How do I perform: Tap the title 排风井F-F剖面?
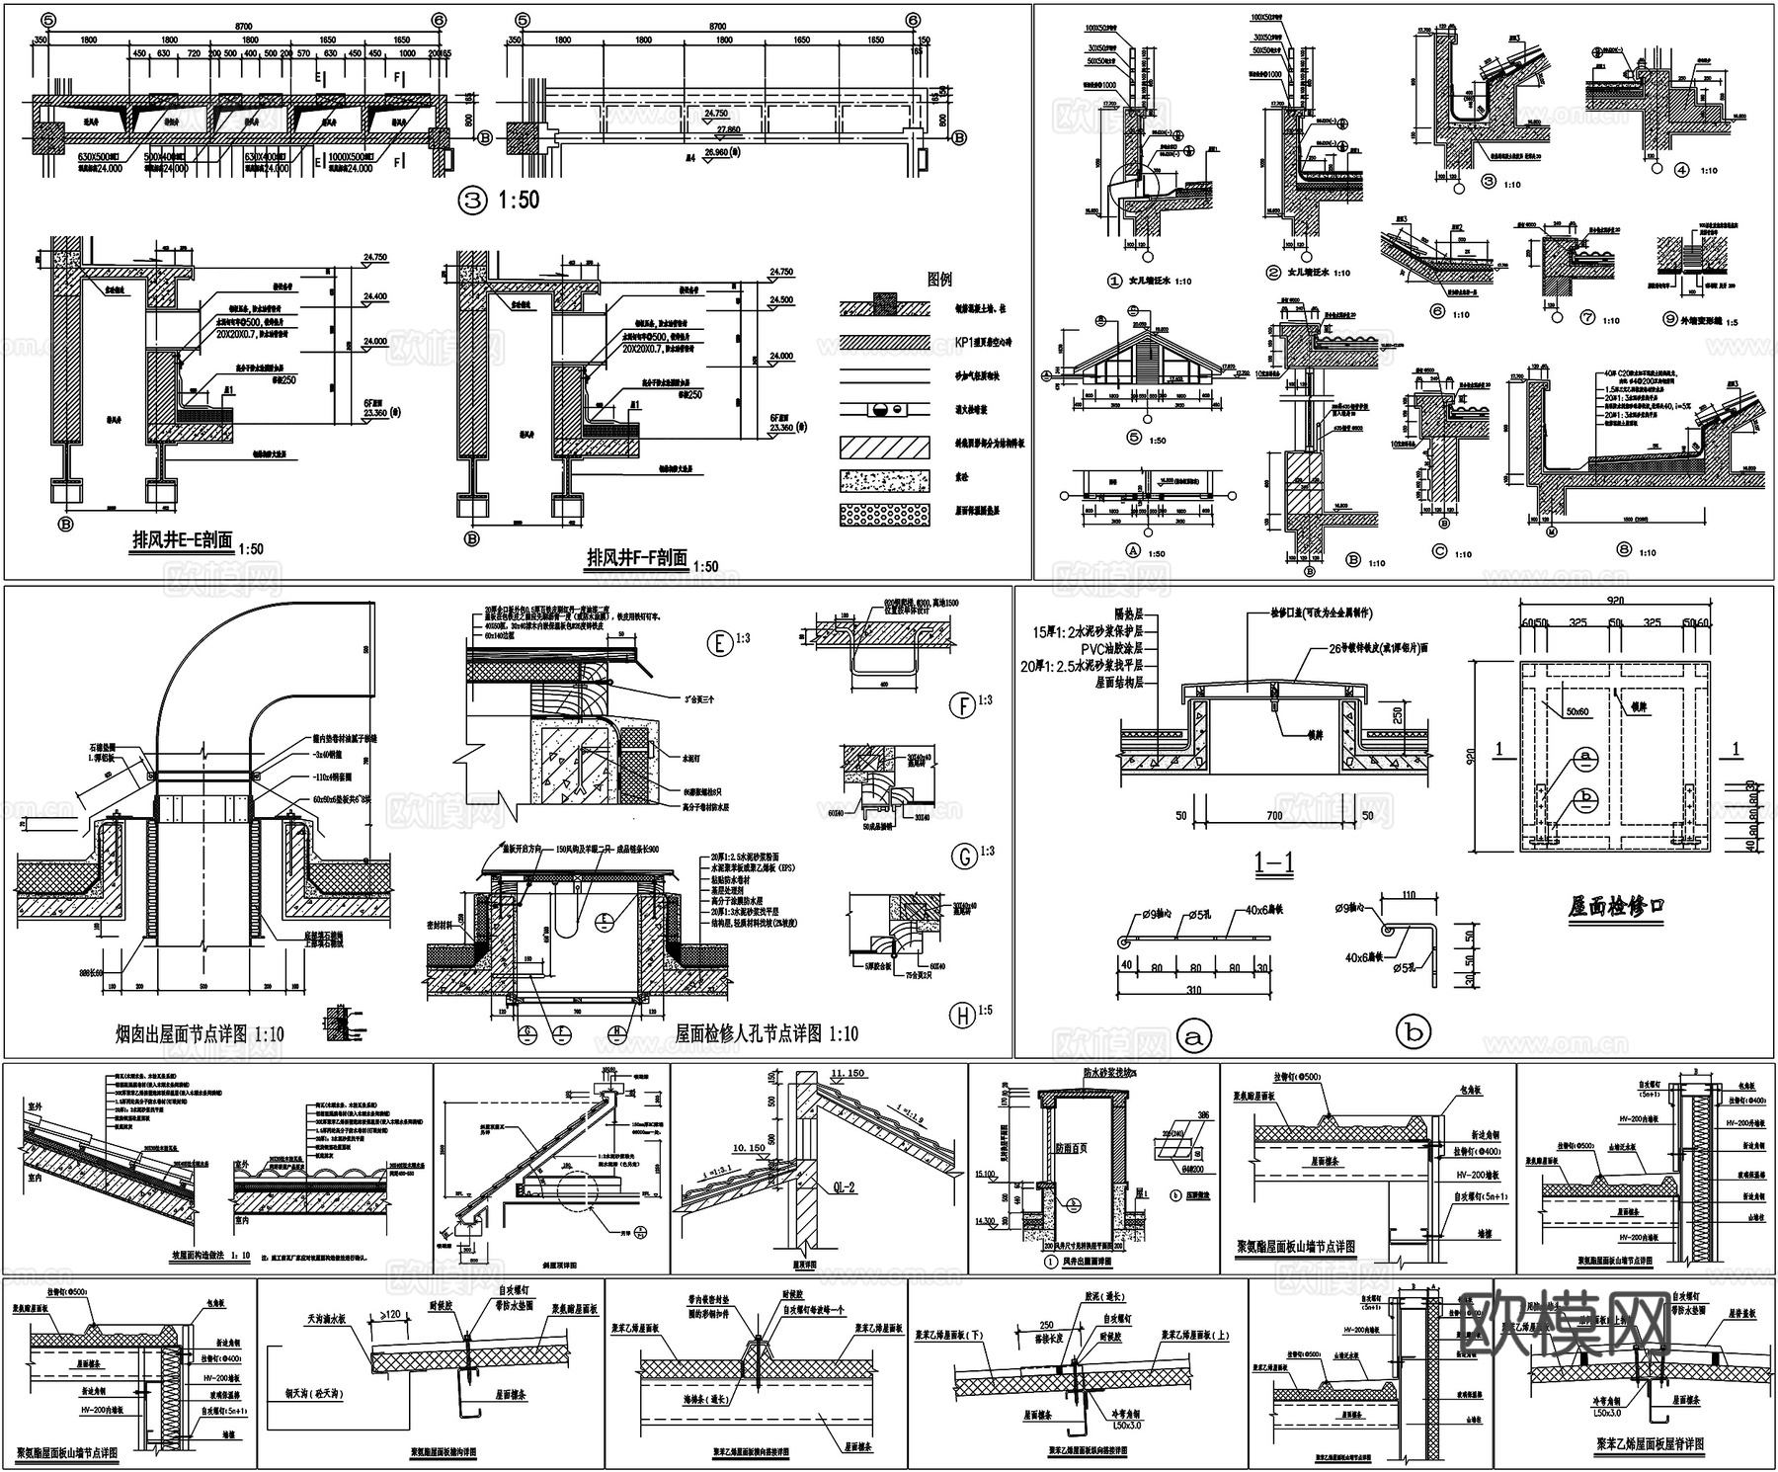coord(637,558)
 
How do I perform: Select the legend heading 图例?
coord(939,280)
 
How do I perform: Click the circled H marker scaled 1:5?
coord(961,1014)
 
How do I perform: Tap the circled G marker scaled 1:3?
coord(963,856)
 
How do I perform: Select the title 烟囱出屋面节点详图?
coord(184,1034)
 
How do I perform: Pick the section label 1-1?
coord(1274,862)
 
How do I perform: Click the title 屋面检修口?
coord(1616,906)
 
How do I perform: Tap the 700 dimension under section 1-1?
coord(1274,815)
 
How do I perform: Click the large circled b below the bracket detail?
coord(1413,1032)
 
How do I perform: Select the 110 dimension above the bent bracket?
coord(1409,895)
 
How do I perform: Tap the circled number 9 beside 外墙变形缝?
coord(1669,321)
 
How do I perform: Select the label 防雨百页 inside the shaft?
coord(1071,1149)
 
